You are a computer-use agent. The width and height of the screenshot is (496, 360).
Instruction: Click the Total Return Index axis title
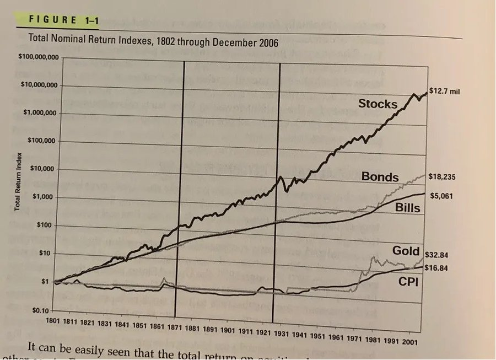(x=19, y=182)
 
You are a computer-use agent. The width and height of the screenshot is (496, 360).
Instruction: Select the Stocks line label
(x=378, y=104)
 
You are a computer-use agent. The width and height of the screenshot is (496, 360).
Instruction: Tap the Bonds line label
(x=380, y=177)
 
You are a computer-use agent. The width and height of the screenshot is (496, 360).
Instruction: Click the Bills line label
(x=408, y=208)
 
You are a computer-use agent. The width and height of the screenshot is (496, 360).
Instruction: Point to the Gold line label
(x=407, y=251)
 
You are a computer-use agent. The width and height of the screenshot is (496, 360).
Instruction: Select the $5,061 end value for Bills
(x=441, y=196)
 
